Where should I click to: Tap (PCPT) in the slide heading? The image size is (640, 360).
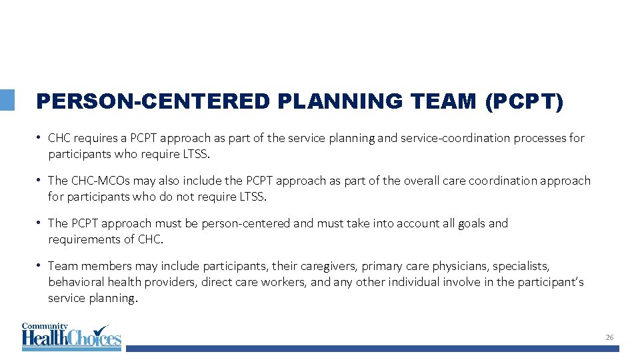click(x=525, y=101)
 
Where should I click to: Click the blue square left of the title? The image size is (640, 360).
click(x=7, y=100)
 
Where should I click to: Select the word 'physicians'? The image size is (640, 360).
click(x=461, y=266)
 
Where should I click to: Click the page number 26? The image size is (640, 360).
click(x=609, y=338)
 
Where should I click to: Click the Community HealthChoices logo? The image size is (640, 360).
click(x=71, y=337)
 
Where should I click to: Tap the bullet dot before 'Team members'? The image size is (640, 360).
click(x=41, y=265)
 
